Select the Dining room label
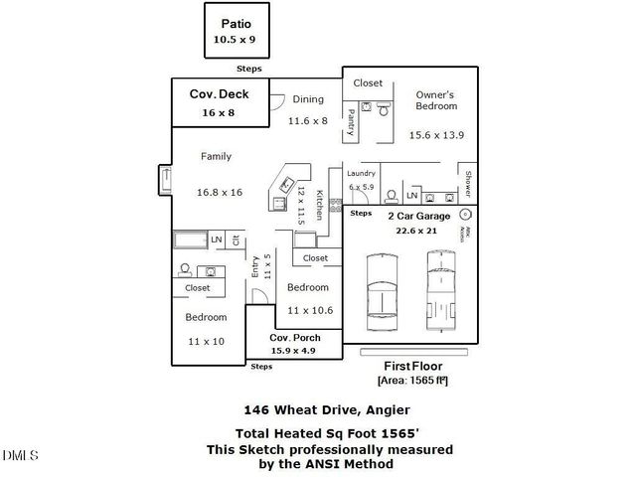click(307, 99)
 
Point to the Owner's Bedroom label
click(436, 99)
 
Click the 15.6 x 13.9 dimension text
click(436, 134)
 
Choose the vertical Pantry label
click(352, 121)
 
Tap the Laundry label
click(361, 174)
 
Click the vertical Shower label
click(468, 185)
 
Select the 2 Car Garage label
click(419, 216)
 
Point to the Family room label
click(216, 156)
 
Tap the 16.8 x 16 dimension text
click(220, 193)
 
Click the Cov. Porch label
click(293, 338)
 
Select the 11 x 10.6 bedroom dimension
click(310, 310)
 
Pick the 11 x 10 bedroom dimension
click(206, 341)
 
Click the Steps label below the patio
click(248, 70)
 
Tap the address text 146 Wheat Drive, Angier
click(313, 409)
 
